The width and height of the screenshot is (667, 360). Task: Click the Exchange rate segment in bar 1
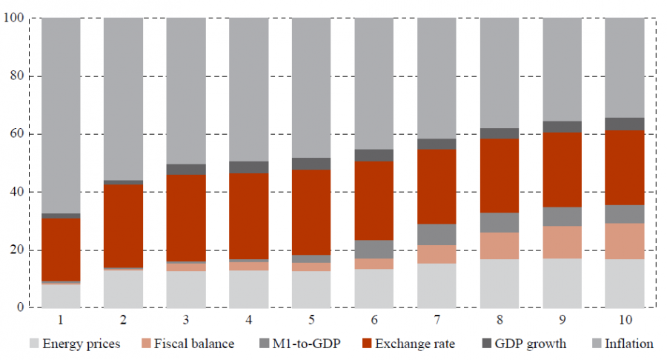[61, 250]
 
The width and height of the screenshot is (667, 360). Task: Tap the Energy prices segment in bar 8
[500, 283]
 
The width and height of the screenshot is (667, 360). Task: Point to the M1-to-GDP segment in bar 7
[437, 234]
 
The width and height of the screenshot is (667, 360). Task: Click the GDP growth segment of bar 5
[311, 164]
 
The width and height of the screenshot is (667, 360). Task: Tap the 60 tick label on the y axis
[17, 134]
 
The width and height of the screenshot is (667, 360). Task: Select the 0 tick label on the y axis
[20, 307]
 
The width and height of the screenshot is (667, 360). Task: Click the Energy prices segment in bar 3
[186, 289]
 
